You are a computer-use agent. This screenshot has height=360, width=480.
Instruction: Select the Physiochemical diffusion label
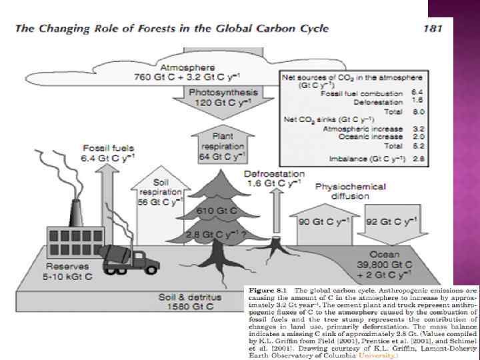(350, 192)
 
